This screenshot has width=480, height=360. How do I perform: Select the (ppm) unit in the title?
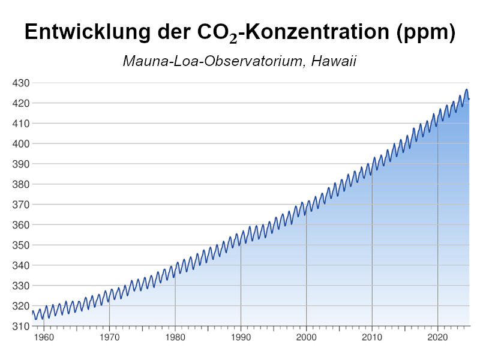tap(425, 33)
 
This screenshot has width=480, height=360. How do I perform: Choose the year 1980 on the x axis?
tap(175, 338)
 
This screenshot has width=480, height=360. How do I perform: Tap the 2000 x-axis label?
tap(307, 338)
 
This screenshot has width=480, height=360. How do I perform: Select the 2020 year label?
tap(438, 338)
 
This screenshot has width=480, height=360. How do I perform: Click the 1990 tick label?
tap(241, 338)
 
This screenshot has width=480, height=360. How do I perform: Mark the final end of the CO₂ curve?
tap(469, 98)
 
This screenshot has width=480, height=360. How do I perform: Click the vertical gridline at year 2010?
tap(372, 252)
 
